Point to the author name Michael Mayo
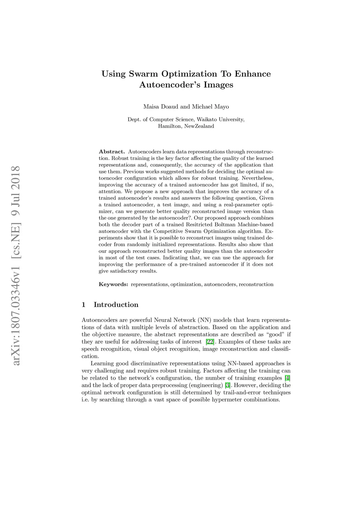tap(210, 107)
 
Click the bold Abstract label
tap(112, 152)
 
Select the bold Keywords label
tap(113, 284)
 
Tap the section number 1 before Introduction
tap(83, 305)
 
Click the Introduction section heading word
tap(116, 305)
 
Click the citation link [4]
tap(287, 378)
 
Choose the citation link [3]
tap(227, 385)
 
